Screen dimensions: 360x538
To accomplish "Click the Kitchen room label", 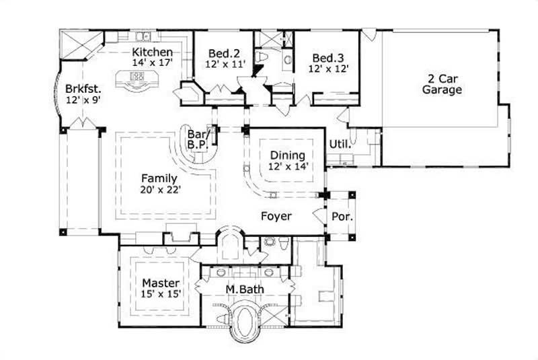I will (x=153, y=52).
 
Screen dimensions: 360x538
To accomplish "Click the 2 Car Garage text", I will (x=442, y=83).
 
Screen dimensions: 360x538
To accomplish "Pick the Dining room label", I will (x=287, y=155).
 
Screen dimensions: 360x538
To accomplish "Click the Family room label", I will (x=159, y=178).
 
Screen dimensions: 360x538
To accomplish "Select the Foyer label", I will (x=276, y=216).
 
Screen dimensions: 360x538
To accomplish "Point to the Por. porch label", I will (x=340, y=217).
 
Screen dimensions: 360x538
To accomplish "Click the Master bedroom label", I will (x=159, y=283).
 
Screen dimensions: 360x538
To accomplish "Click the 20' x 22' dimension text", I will (x=159, y=190).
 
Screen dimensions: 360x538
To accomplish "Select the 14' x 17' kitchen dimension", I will (x=153, y=63).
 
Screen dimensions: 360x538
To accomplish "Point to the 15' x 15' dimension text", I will (x=159, y=294).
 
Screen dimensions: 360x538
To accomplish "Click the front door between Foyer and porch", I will (x=320, y=217).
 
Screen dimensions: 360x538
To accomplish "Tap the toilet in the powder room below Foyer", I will (x=271, y=242).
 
